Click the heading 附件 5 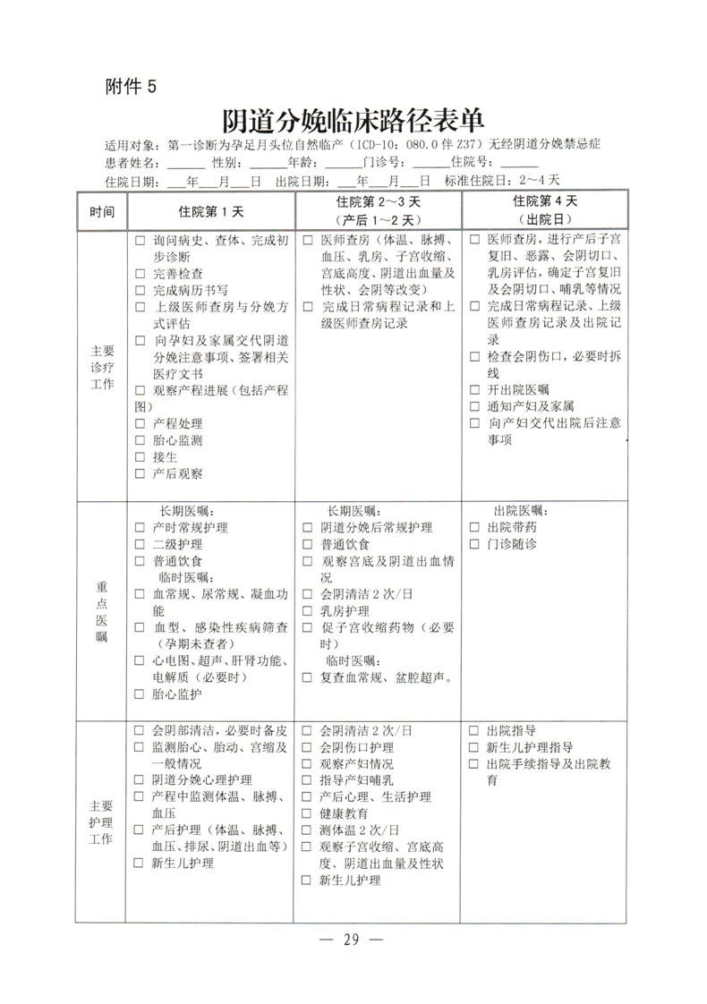(x=131, y=86)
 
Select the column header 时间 (x=102, y=212)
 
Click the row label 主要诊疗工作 (x=103, y=367)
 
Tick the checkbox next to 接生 (x=141, y=457)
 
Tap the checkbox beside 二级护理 (x=141, y=544)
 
